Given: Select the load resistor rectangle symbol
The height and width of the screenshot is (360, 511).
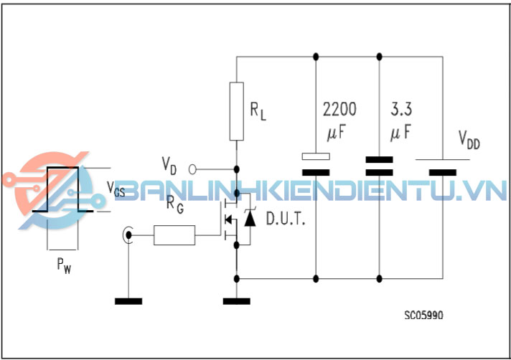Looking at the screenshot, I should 237,111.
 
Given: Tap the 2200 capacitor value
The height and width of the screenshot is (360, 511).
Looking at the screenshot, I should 339,110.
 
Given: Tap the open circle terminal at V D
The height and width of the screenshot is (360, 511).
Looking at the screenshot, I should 192,169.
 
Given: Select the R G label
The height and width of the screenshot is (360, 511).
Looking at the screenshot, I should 174,204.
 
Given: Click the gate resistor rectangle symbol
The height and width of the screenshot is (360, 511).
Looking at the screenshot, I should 174,234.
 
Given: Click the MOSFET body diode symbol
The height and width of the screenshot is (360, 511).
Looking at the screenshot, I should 249,217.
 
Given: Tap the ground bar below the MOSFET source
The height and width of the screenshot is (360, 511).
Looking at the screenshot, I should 237,300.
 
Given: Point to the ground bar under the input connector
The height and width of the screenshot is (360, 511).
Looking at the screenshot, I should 129,300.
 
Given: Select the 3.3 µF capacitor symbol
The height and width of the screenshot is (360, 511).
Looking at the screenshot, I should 379,166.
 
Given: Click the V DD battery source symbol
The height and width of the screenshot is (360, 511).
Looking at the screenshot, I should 441,166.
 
